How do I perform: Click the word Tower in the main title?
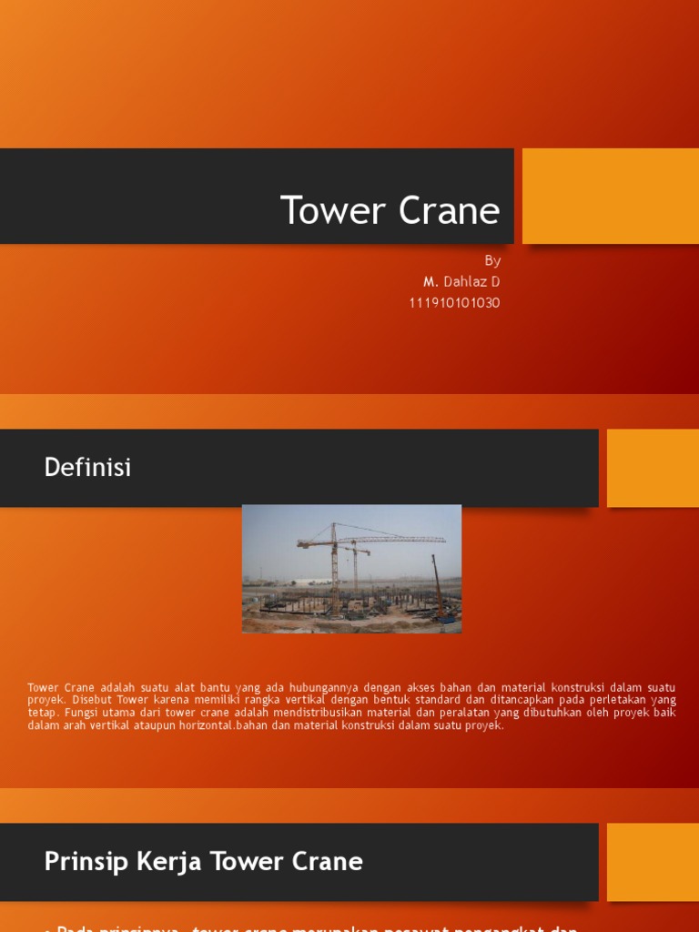tap(331, 211)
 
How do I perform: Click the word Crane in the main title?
tap(448, 211)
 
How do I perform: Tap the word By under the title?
tap(492, 261)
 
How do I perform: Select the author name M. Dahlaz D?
tap(461, 282)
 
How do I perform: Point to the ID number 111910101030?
tap(454, 303)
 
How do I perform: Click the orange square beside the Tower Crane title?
tap(610, 196)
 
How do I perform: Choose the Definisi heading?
tap(87, 468)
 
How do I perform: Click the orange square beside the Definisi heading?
tap(652, 468)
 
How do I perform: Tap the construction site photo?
tap(351, 569)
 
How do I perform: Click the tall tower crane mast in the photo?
tap(334, 569)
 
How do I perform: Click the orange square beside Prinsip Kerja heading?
tap(652, 862)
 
